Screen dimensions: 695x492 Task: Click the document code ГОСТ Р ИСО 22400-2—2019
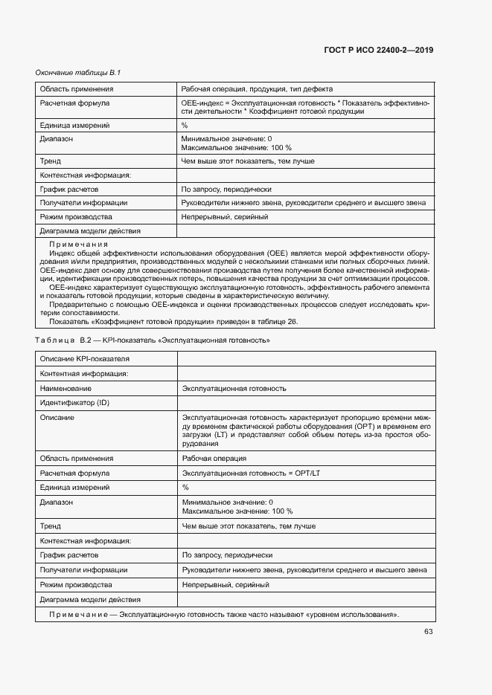[379, 51]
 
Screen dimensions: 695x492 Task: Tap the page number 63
[429, 631]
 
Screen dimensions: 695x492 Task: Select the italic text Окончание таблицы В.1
[78, 73]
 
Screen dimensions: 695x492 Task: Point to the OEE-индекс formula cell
[305, 107]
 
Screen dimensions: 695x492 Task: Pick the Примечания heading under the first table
[78, 245]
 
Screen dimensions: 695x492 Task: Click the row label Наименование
[66, 388]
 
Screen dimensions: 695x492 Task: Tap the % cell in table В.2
[185, 487]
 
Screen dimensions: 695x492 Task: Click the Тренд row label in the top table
[51, 161]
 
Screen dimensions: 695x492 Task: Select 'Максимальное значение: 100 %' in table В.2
[237, 511]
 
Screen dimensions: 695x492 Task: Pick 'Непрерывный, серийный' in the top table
[225, 217]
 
